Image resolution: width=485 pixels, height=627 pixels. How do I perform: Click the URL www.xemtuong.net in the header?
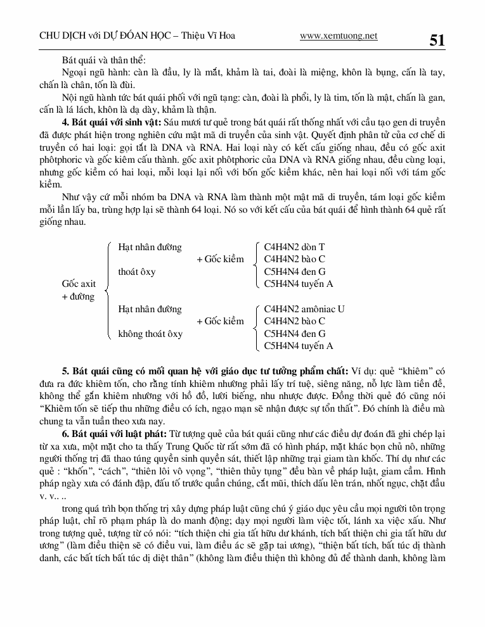click(x=338, y=36)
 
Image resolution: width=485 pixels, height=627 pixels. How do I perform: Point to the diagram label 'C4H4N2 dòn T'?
click(x=294, y=247)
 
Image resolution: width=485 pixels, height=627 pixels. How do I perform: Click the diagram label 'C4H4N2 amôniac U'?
click(x=304, y=309)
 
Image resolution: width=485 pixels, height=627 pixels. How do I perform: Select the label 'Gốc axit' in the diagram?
click(x=79, y=284)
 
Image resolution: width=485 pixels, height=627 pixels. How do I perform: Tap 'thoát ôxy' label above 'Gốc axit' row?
click(x=137, y=272)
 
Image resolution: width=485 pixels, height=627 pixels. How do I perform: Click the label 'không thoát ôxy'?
click(x=150, y=333)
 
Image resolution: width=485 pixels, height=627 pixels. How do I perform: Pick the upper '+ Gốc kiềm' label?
click(x=220, y=259)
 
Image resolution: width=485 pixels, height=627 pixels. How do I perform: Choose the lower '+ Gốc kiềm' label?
click(x=220, y=321)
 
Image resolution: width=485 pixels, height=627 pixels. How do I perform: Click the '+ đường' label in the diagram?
click(x=78, y=296)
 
